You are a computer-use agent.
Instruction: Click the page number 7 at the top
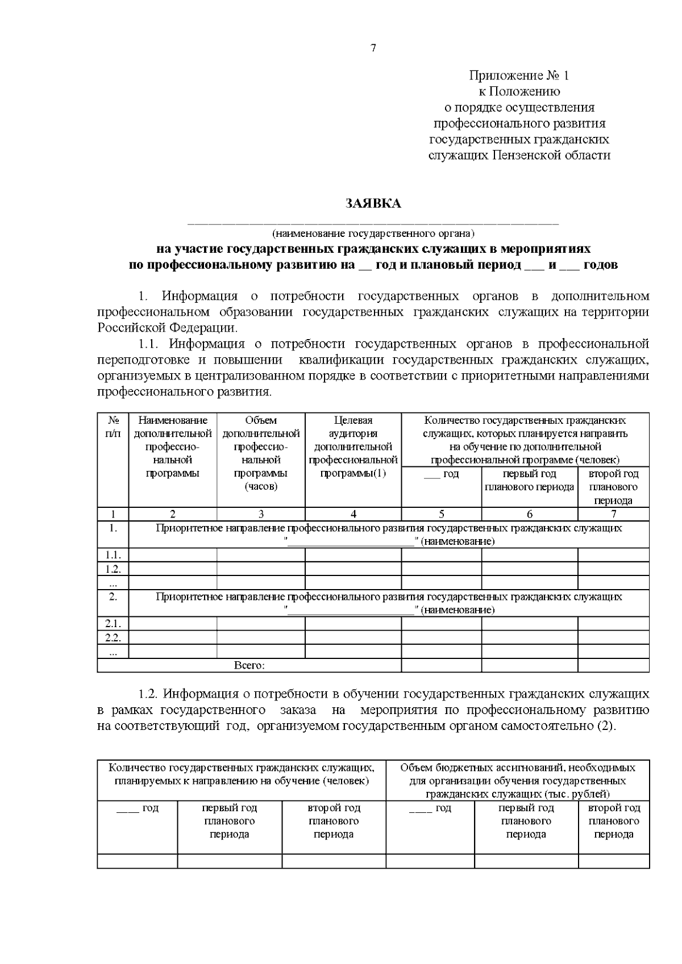pyautogui.click(x=373, y=48)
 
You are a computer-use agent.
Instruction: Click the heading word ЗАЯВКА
pyautogui.click(x=373, y=203)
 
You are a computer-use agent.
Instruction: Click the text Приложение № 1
pyautogui.click(x=518, y=76)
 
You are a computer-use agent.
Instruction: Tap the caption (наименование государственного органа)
pyautogui.click(x=373, y=233)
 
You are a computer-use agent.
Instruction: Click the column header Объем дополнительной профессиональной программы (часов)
pyautogui.click(x=261, y=453)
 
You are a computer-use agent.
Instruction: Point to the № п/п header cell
pyautogui.click(x=113, y=427)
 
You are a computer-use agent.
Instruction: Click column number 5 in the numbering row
pyautogui.click(x=442, y=514)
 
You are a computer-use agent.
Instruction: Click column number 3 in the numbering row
pyautogui.click(x=261, y=514)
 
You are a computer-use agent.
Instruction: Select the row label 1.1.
pyautogui.click(x=113, y=555)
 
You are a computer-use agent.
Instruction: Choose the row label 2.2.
pyautogui.click(x=113, y=637)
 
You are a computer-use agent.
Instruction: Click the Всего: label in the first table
pyautogui.click(x=249, y=665)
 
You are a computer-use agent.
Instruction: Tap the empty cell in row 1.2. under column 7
pyautogui.click(x=613, y=569)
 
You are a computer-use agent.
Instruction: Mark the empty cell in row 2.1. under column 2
pyautogui.click(x=173, y=624)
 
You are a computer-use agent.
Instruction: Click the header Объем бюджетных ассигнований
pyautogui.click(x=517, y=781)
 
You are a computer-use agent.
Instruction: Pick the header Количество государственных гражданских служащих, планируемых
pyautogui.click(x=242, y=774)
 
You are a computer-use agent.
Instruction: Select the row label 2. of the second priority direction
pyautogui.click(x=113, y=596)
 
